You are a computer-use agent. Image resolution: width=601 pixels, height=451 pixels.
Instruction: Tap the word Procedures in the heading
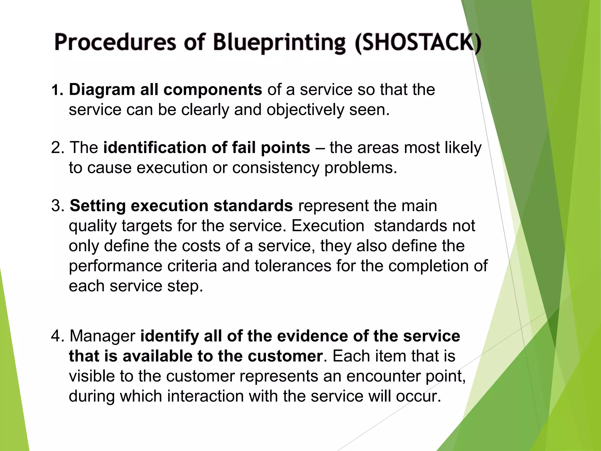pyautogui.click(x=115, y=43)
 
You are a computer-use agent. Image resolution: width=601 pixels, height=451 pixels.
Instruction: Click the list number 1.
pyautogui.click(x=56, y=90)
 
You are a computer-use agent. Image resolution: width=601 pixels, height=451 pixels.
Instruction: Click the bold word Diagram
pyautogui.click(x=102, y=90)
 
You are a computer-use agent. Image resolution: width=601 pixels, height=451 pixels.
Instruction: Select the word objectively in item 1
pyautogui.click(x=305, y=110)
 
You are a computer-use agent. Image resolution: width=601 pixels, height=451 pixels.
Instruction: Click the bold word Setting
pyautogui.click(x=98, y=206)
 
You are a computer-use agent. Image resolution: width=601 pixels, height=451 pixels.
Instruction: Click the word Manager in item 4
pyautogui.click(x=102, y=336)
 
